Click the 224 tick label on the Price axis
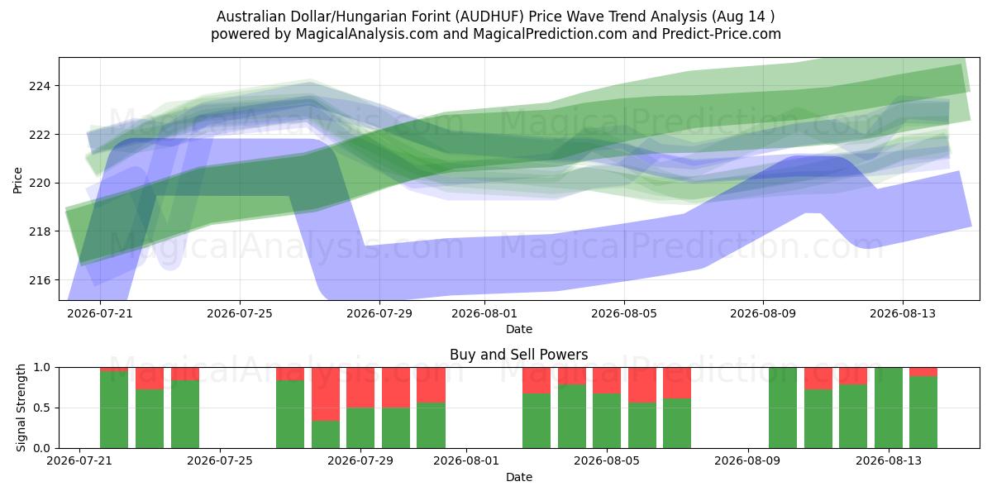pos(39,86)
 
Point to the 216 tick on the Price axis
pos(39,280)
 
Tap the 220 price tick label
pos(39,184)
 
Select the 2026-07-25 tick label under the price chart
pos(240,313)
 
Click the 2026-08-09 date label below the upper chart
pos(763,313)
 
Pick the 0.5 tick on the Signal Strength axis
pos(42,408)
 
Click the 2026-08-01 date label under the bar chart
pos(466,460)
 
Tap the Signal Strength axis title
pos(21,408)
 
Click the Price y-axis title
pos(17,180)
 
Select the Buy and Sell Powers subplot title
pos(519,355)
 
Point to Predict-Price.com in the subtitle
pos(722,34)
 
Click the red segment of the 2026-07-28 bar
pos(326,394)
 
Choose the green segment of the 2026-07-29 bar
pos(360,428)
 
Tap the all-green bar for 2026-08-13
pos(889,408)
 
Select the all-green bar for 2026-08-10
pos(783,408)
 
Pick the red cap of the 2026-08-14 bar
pos(923,372)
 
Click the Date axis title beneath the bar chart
pos(519,477)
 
